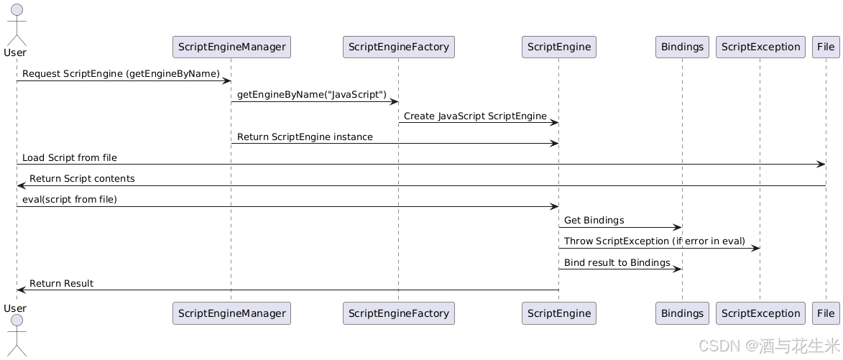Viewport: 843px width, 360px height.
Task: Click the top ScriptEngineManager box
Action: pyautogui.click(x=231, y=47)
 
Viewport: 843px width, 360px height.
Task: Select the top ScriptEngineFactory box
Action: pyautogui.click(x=398, y=47)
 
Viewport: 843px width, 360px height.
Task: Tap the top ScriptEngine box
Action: pyautogui.click(x=558, y=47)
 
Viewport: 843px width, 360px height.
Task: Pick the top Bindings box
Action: pyautogui.click(x=682, y=47)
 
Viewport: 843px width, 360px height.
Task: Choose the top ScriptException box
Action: pyautogui.click(x=760, y=47)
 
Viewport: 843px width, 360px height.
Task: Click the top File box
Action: pyautogui.click(x=826, y=47)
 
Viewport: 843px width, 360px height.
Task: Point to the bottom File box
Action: pyautogui.click(x=826, y=313)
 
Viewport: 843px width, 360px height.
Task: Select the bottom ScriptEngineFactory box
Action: pyautogui.click(x=398, y=313)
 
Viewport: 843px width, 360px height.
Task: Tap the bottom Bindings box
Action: pyautogui.click(x=682, y=313)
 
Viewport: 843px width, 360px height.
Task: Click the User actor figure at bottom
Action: pyautogui.click(x=16, y=334)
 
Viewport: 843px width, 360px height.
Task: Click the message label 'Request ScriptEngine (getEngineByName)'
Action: pyautogui.click(x=121, y=74)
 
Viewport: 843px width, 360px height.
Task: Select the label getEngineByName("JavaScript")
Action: pyautogui.click(x=311, y=95)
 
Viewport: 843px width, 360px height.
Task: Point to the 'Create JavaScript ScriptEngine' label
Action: pyautogui.click(x=474, y=116)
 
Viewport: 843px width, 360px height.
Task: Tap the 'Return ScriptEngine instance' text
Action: pyautogui.click(x=305, y=137)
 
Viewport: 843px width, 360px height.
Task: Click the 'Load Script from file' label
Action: pyautogui.click(x=69, y=157)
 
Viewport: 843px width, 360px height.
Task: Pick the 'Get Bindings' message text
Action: pyautogui.click(x=594, y=220)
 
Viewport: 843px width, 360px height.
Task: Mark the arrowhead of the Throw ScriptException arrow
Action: pyautogui.click(x=756, y=249)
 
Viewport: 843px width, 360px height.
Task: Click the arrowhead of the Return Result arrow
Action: pyautogui.click(x=21, y=290)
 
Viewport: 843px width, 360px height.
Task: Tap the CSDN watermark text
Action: pyautogui.click(x=768, y=346)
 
